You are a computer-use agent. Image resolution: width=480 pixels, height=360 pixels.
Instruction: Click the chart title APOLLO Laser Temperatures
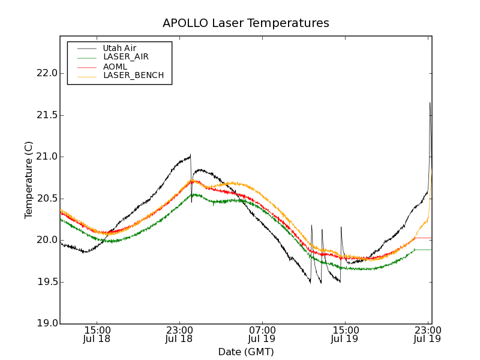pyautogui.click(x=245, y=23)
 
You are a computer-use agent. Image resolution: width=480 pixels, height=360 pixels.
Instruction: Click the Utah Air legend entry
pyautogui.click(x=119, y=48)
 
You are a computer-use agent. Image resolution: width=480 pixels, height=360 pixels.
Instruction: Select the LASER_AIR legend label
pyautogui.click(x=125, y=57)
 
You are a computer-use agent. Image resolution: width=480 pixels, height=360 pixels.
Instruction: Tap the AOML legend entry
pyautogui.click(x=115, y=67)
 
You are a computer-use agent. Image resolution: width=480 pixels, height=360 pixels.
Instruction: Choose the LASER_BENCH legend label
pyautogui.click(x=133, y=76)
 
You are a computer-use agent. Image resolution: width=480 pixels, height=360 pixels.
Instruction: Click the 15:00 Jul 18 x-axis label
pyautogui.click(x=97, y=334)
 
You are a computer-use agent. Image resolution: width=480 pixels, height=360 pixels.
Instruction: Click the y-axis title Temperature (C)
pyautogui.click(x=29, y=180)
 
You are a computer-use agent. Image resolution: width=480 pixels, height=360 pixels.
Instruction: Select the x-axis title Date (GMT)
pyautogui.click(x=245, y=352)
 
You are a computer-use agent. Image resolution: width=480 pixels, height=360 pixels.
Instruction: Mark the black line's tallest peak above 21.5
pyautogui.click(x=430, y=103)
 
